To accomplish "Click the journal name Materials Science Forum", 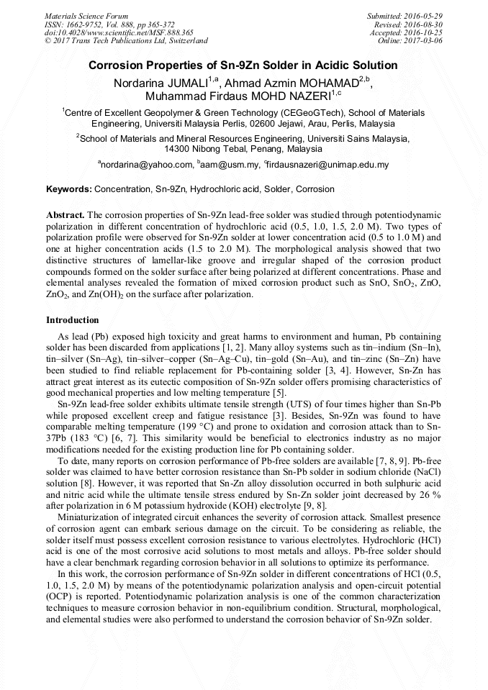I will pos(86,15).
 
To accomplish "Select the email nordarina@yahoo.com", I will pos(146,165).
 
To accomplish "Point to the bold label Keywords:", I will pos(69,189).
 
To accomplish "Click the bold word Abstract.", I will pos(65,215).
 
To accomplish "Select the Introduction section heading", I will pos(73,319).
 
